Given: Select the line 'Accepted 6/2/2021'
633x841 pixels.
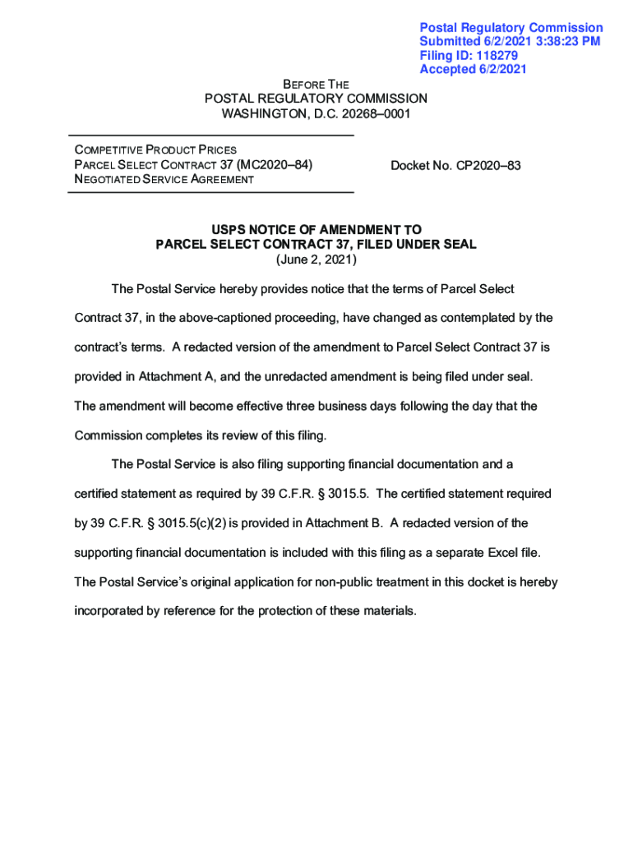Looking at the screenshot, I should (473, 70).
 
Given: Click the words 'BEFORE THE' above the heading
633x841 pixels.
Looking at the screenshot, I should (316, 84).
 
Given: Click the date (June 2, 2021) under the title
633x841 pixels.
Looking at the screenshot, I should (316, 260).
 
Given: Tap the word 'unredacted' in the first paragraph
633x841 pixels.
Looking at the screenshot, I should (313, 376).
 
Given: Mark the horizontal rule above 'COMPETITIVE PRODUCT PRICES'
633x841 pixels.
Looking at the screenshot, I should (210, 135).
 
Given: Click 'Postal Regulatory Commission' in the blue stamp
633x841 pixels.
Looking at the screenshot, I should (511, 28).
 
